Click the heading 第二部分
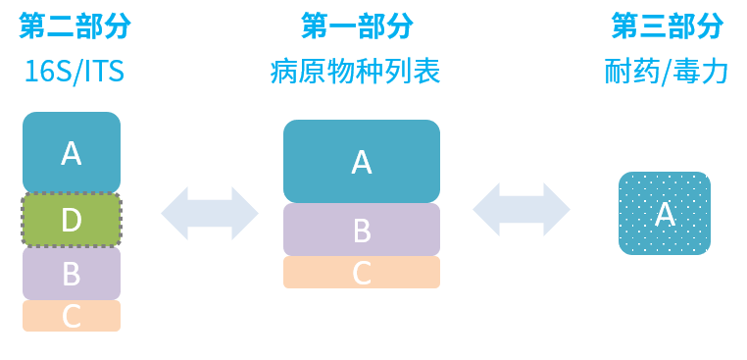[75, 26]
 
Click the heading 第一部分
[357, 26]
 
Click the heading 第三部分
[667, 26]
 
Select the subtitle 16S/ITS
[75, 72]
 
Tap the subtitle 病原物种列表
[355, 71]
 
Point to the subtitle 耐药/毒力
[667, 72]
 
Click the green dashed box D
[72, 220]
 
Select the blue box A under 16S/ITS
[72, 152]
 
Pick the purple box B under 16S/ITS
[72, 274]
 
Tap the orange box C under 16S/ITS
[72, 316]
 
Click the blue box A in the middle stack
[362, 161]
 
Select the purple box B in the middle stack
[362, 231]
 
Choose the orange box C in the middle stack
[362, 273]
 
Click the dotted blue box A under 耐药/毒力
[665, 214]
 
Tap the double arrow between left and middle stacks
[210, 213]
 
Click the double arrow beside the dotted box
[522, 209]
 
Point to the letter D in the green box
[72, 220]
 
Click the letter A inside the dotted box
[665, 214]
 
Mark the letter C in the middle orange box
[362, 273]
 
